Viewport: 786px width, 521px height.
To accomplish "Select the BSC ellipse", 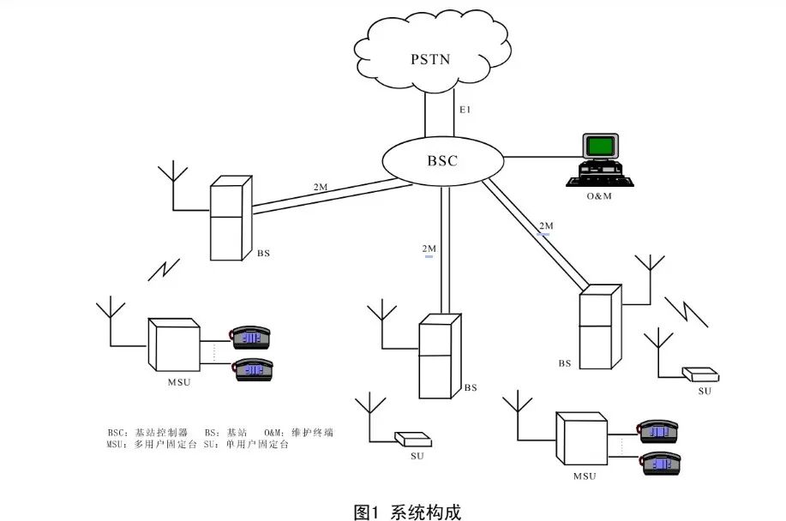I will [442, 160].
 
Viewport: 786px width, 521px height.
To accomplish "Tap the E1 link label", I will [466, 111].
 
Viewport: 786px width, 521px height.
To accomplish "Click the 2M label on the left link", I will [320, 187].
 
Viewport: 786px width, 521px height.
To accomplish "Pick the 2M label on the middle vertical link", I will [429, 249].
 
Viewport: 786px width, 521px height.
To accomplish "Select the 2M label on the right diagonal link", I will [545, 227].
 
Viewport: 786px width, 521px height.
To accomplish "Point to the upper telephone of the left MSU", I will [251, 336].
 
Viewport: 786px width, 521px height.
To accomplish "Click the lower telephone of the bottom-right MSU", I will [660, 463].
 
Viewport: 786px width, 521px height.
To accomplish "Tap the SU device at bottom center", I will [411, 440].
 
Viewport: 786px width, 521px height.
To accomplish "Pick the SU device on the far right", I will [700, 374].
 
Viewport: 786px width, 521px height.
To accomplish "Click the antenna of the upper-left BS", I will [174, 184].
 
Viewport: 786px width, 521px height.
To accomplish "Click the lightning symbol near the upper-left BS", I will [162, 268].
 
